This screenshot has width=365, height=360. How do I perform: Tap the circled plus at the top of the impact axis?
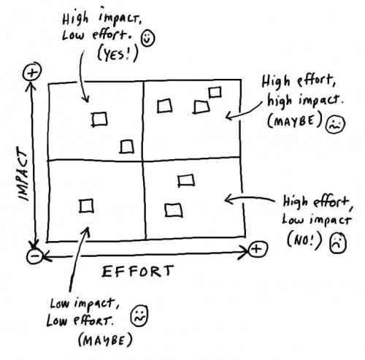31,72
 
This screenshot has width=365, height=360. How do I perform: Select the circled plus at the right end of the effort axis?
256,250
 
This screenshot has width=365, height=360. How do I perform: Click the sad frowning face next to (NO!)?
337,240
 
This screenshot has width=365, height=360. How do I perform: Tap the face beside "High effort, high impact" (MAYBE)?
334,124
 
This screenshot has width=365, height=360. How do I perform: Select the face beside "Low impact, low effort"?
137,316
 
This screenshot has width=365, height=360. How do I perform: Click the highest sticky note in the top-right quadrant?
215,92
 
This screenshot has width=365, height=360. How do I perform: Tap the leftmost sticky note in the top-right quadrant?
166,106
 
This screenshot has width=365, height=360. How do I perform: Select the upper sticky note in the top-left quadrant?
100,118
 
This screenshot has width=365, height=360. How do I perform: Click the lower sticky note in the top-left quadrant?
128,147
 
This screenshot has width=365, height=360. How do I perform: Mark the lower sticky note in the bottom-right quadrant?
173,210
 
